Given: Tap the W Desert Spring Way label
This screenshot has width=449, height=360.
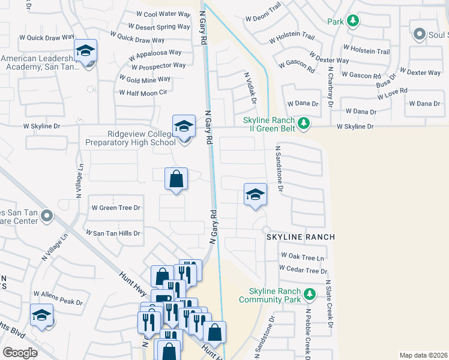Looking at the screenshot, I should click(x=159, y=27).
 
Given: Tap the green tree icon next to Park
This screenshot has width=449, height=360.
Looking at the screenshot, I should click(x=354, y=22).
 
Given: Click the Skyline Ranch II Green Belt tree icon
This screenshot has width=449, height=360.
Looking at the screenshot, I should click(x=304, y=123).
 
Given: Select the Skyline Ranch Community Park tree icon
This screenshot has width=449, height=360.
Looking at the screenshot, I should click(x=310, y=294).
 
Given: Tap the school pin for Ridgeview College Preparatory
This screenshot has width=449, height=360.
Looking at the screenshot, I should click(x=184, y=127).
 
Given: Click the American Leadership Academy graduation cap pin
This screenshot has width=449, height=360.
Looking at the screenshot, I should click(x=85, y=50).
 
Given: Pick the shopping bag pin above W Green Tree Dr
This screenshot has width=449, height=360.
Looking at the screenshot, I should click(x=176, y=179).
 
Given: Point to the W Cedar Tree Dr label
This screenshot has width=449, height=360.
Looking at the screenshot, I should click(x=303, y=271).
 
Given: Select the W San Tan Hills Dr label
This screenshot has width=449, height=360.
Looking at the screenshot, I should click(x=113, y=233).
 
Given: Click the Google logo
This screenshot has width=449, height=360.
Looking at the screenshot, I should click(x=20, y=353).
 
